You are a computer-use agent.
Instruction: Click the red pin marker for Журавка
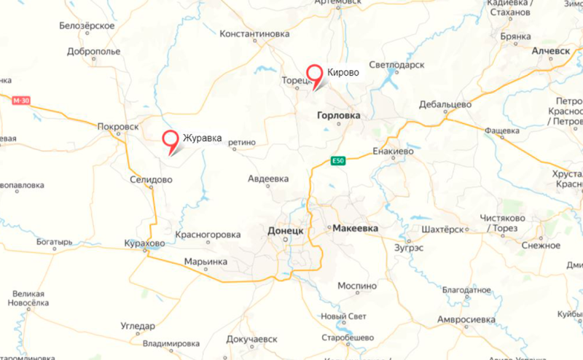point(171,139)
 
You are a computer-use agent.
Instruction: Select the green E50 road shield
point(336,161)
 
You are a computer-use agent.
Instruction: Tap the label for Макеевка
point(356,229)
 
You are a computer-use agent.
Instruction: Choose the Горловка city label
point(339,115)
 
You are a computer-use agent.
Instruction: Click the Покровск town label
point(117,126)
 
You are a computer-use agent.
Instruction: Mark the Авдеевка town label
point(268,179)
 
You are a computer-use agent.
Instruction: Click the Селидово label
point(151,179)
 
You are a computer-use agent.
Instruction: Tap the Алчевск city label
point(551,52)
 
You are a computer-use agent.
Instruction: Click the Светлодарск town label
point(396,65)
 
